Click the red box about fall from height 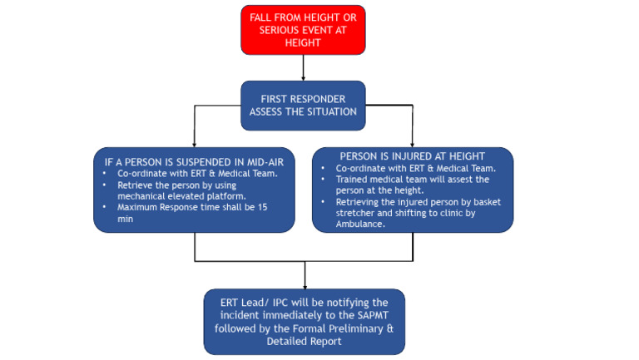pyautogui.click(x=304, y=29)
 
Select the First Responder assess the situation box pyautogui.click(x=303, y=105)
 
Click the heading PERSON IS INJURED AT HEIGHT pyautogui.click(x=412, y=156)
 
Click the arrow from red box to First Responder pyautogui.click(x=304, y=67)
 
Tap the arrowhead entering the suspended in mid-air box pyautogui.click(x=195, y=144)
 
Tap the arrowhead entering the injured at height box pyautogui.click(x=413, y=144)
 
